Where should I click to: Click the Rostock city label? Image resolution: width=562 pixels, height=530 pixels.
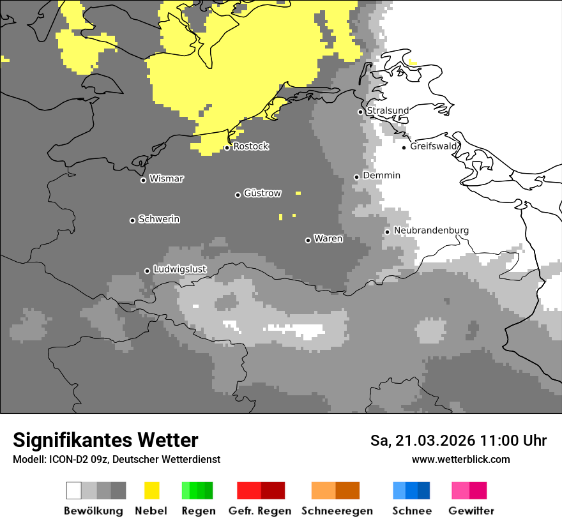[251, 146]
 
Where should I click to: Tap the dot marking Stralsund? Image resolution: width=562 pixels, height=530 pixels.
[360, 112]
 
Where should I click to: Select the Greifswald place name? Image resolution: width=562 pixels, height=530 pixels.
[434, 146]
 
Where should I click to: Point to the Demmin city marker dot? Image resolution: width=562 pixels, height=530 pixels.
[357, 177]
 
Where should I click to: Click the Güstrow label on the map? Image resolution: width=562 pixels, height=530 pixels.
[262, 193]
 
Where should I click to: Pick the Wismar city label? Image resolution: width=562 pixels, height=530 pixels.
[166, 179]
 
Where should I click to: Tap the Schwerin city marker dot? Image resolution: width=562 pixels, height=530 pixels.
[132, 220]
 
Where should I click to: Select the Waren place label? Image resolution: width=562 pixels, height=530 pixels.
[328, 239]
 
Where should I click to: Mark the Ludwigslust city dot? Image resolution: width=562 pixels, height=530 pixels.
[147, 271]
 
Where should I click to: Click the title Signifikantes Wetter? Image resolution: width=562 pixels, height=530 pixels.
[105, 440]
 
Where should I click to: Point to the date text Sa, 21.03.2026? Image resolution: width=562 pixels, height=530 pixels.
[423, 441]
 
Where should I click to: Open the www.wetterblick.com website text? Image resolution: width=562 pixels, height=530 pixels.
[460, 459]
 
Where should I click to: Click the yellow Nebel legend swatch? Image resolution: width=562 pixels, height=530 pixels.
[152, 490]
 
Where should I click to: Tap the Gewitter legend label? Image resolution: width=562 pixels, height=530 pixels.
[471, 511]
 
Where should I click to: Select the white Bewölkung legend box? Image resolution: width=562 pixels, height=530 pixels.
[74, 490]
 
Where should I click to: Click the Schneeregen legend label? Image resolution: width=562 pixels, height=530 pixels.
[337, 511]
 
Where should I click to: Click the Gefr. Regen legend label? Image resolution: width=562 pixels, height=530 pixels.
[260, 511]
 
